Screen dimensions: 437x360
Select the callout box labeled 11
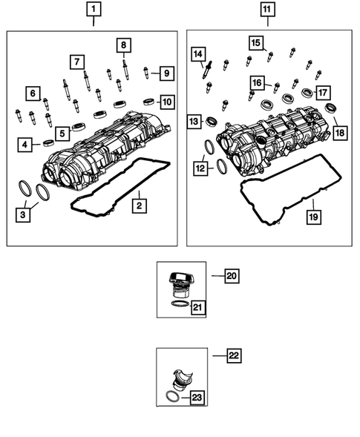point(266,10)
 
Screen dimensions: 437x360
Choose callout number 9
point(167,73)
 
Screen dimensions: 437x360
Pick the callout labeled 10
point(167,101)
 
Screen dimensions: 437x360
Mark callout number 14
point(197,53)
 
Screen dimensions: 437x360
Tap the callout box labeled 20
point(231,276)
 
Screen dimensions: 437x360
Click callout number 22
point(234,356)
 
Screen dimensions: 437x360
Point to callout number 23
point(196,398)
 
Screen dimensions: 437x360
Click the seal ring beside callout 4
point(48,143)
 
